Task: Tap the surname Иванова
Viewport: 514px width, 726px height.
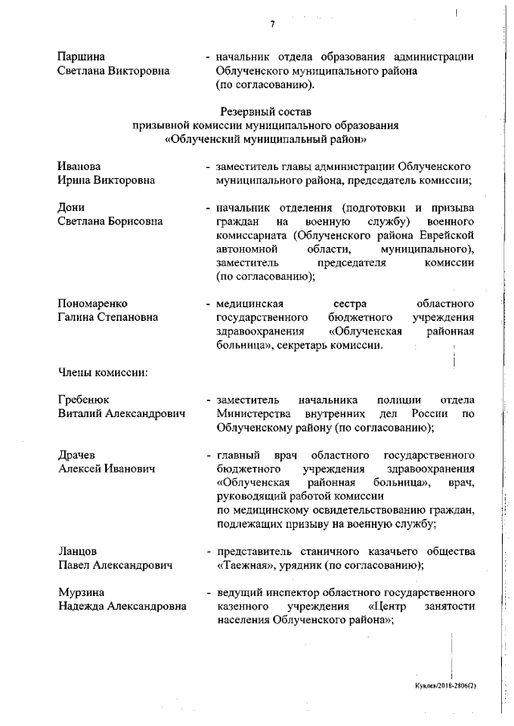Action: coord(80,166)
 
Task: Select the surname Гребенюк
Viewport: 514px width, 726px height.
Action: coord(84,400)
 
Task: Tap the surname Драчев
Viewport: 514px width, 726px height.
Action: coord(77,456)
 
